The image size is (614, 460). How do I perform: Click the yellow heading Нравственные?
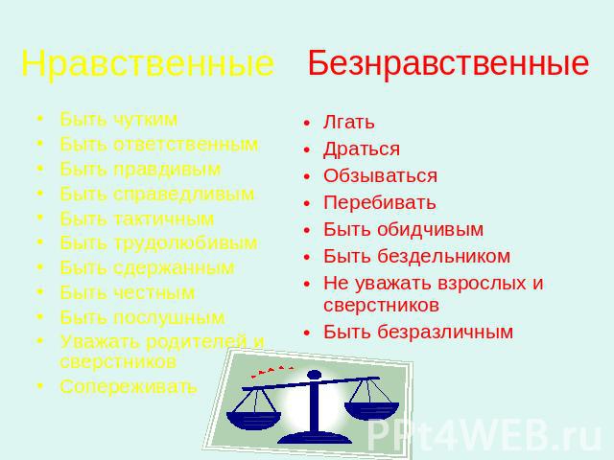coord(147,63)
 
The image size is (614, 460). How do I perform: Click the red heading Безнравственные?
coord(448,62)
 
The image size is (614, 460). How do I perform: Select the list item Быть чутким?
coord(119,119)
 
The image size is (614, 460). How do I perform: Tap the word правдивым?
coord(167,169)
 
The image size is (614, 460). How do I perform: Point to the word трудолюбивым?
coord(185,242)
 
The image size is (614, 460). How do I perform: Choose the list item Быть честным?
coord(128,292)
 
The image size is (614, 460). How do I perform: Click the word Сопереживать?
coord(128,386)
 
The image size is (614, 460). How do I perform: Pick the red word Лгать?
coord(349,122)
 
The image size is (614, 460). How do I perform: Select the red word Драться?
coord(362,149)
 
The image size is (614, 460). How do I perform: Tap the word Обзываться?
coord(380,175)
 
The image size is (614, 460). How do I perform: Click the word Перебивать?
coord(380,202)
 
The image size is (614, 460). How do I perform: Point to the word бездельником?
coord(443,256)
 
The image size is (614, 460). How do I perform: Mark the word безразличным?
coord(445,332)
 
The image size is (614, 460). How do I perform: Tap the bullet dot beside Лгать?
coord(307,124)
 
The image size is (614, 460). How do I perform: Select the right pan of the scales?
coord(371,410)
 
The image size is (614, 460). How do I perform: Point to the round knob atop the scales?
coord(314,375)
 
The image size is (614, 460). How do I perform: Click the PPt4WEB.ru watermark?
coord(484,436)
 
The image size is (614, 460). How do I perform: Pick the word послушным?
coord(169,317)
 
